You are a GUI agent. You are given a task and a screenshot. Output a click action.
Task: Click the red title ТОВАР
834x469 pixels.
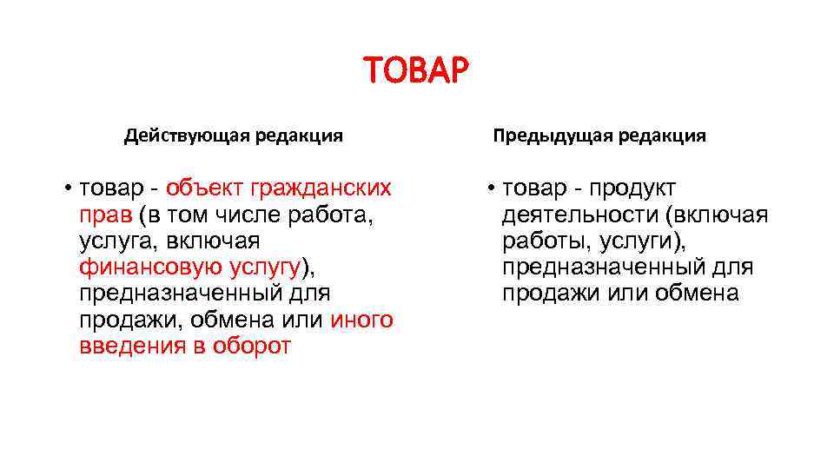click(416, 69)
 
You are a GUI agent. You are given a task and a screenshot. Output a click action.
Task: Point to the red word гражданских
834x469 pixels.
click(321, 188)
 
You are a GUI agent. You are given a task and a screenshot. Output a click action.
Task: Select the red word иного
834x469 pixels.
click(362, 320)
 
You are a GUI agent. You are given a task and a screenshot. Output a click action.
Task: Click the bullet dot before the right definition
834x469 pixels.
click(491, 189)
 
